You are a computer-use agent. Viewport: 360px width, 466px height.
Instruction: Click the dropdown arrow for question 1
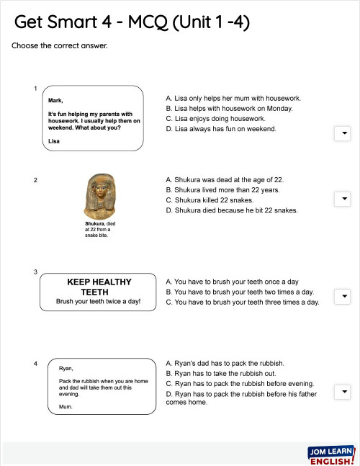pos(343,133)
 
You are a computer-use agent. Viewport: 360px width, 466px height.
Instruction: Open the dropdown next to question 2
pos(343,199)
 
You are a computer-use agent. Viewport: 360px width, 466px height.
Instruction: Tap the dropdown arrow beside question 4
pos(343,392)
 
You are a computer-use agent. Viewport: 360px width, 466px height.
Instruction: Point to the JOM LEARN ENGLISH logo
pos(330,455)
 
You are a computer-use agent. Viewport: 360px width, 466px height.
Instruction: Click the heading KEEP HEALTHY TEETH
pos(99,287)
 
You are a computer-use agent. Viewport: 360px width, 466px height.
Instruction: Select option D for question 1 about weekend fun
pos(221,129)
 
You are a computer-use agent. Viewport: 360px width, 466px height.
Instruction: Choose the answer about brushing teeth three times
pos(242,303)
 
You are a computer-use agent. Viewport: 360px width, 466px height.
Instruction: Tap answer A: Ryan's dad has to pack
pos(225,363)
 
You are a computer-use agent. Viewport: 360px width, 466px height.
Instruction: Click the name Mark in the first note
pos(55,102)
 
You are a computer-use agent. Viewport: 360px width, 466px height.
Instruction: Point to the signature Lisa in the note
pos(53,141)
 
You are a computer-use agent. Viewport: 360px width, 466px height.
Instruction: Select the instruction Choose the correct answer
pos(60,46)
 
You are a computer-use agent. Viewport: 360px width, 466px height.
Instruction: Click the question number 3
pos(35,272)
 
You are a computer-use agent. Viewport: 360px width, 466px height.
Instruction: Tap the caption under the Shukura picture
pos(100,229)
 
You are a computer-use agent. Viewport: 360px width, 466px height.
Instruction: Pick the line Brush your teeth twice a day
pos(99,302)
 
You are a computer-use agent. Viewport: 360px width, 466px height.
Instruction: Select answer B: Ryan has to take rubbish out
pos(226,374)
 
